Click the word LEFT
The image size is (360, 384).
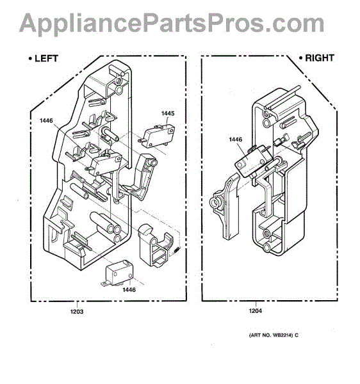coord(46,59)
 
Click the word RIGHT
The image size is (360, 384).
coord(320,58)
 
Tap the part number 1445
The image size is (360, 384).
coord(168,113)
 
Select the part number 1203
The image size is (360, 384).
coord(77,312)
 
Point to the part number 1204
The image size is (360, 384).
coord(256,311)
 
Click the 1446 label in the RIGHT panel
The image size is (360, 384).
coord(236,140)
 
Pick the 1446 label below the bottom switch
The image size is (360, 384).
coord(129,290)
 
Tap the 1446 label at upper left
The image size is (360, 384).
coord(46,121)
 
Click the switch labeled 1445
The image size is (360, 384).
coord(157,136)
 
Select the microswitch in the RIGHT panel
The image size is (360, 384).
coord(252,161)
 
